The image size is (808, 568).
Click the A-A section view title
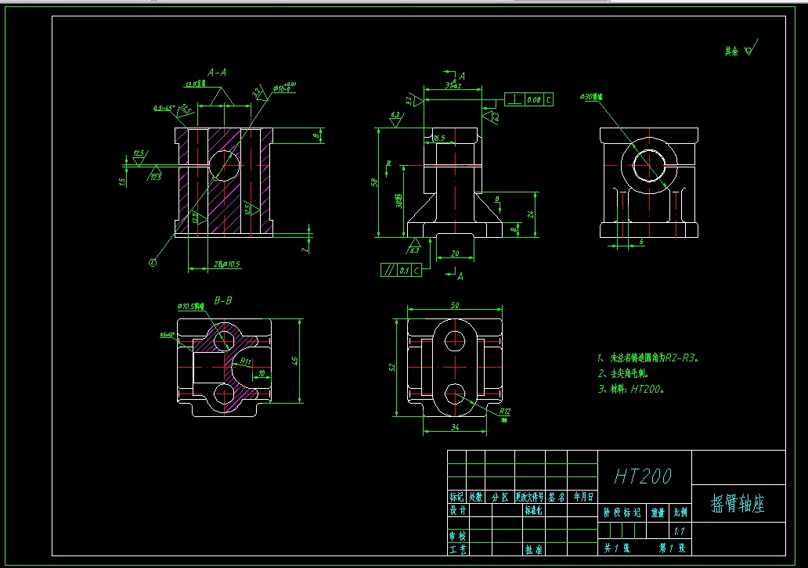tap(217, 72)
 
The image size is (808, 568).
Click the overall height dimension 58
tap(374, 182)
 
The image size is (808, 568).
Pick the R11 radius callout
tap(245, 361)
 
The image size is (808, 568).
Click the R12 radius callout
tap(504, 411)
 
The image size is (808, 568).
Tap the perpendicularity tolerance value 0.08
tap(534, 100)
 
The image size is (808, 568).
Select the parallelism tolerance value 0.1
tap(403, 271)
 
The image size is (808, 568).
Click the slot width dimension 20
tap(454, 253)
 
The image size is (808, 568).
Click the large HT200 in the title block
tap(643, 476)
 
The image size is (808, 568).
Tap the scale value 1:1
tap(678, 531)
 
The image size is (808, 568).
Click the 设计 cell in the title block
tap(458, 510)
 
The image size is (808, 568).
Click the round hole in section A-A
tap(225, 165)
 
